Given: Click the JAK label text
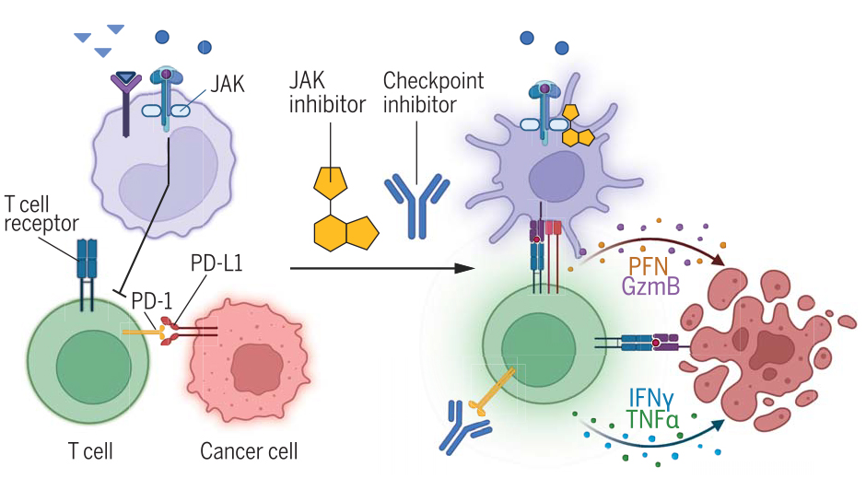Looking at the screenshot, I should click(x=227, y=85).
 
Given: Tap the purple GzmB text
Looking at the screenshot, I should click(x=650, y=286).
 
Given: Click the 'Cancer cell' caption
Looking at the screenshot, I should click(x=249, y=452).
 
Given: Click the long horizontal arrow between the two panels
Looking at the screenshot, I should click(x=378, y=268).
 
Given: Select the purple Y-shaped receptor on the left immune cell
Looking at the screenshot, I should click(x=127, y=92).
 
